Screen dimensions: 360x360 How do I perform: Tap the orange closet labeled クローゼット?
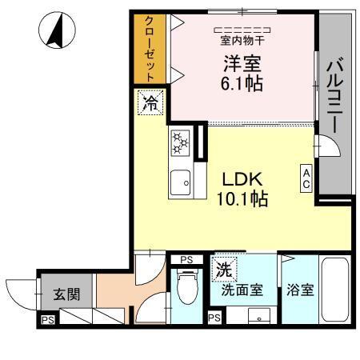tap(149, 50)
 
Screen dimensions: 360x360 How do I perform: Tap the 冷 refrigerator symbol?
tap(150, 102)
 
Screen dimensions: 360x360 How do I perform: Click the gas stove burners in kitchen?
tap(179, 144)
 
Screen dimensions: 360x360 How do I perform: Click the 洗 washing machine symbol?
tap(223, 269)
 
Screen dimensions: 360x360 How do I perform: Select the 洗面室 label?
tap(242, 290)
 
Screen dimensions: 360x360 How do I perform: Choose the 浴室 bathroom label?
tap(299, 290)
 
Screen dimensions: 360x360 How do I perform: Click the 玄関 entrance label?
tap(66, 294)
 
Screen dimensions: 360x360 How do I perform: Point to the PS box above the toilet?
tap(186, 259)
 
